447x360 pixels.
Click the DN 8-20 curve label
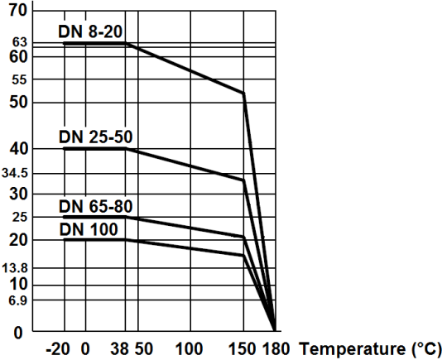coord(92,31)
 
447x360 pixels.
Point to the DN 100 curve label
coord(88,227)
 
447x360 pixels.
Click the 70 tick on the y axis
coord(17,11)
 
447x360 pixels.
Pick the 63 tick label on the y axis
coord(20,41)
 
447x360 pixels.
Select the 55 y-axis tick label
coord(20,79)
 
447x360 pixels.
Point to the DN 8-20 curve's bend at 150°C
coord(244,93)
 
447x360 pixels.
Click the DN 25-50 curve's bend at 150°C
coord(244,180)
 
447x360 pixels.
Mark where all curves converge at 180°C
coord(275,329)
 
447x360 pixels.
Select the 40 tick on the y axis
coord(18,148)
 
